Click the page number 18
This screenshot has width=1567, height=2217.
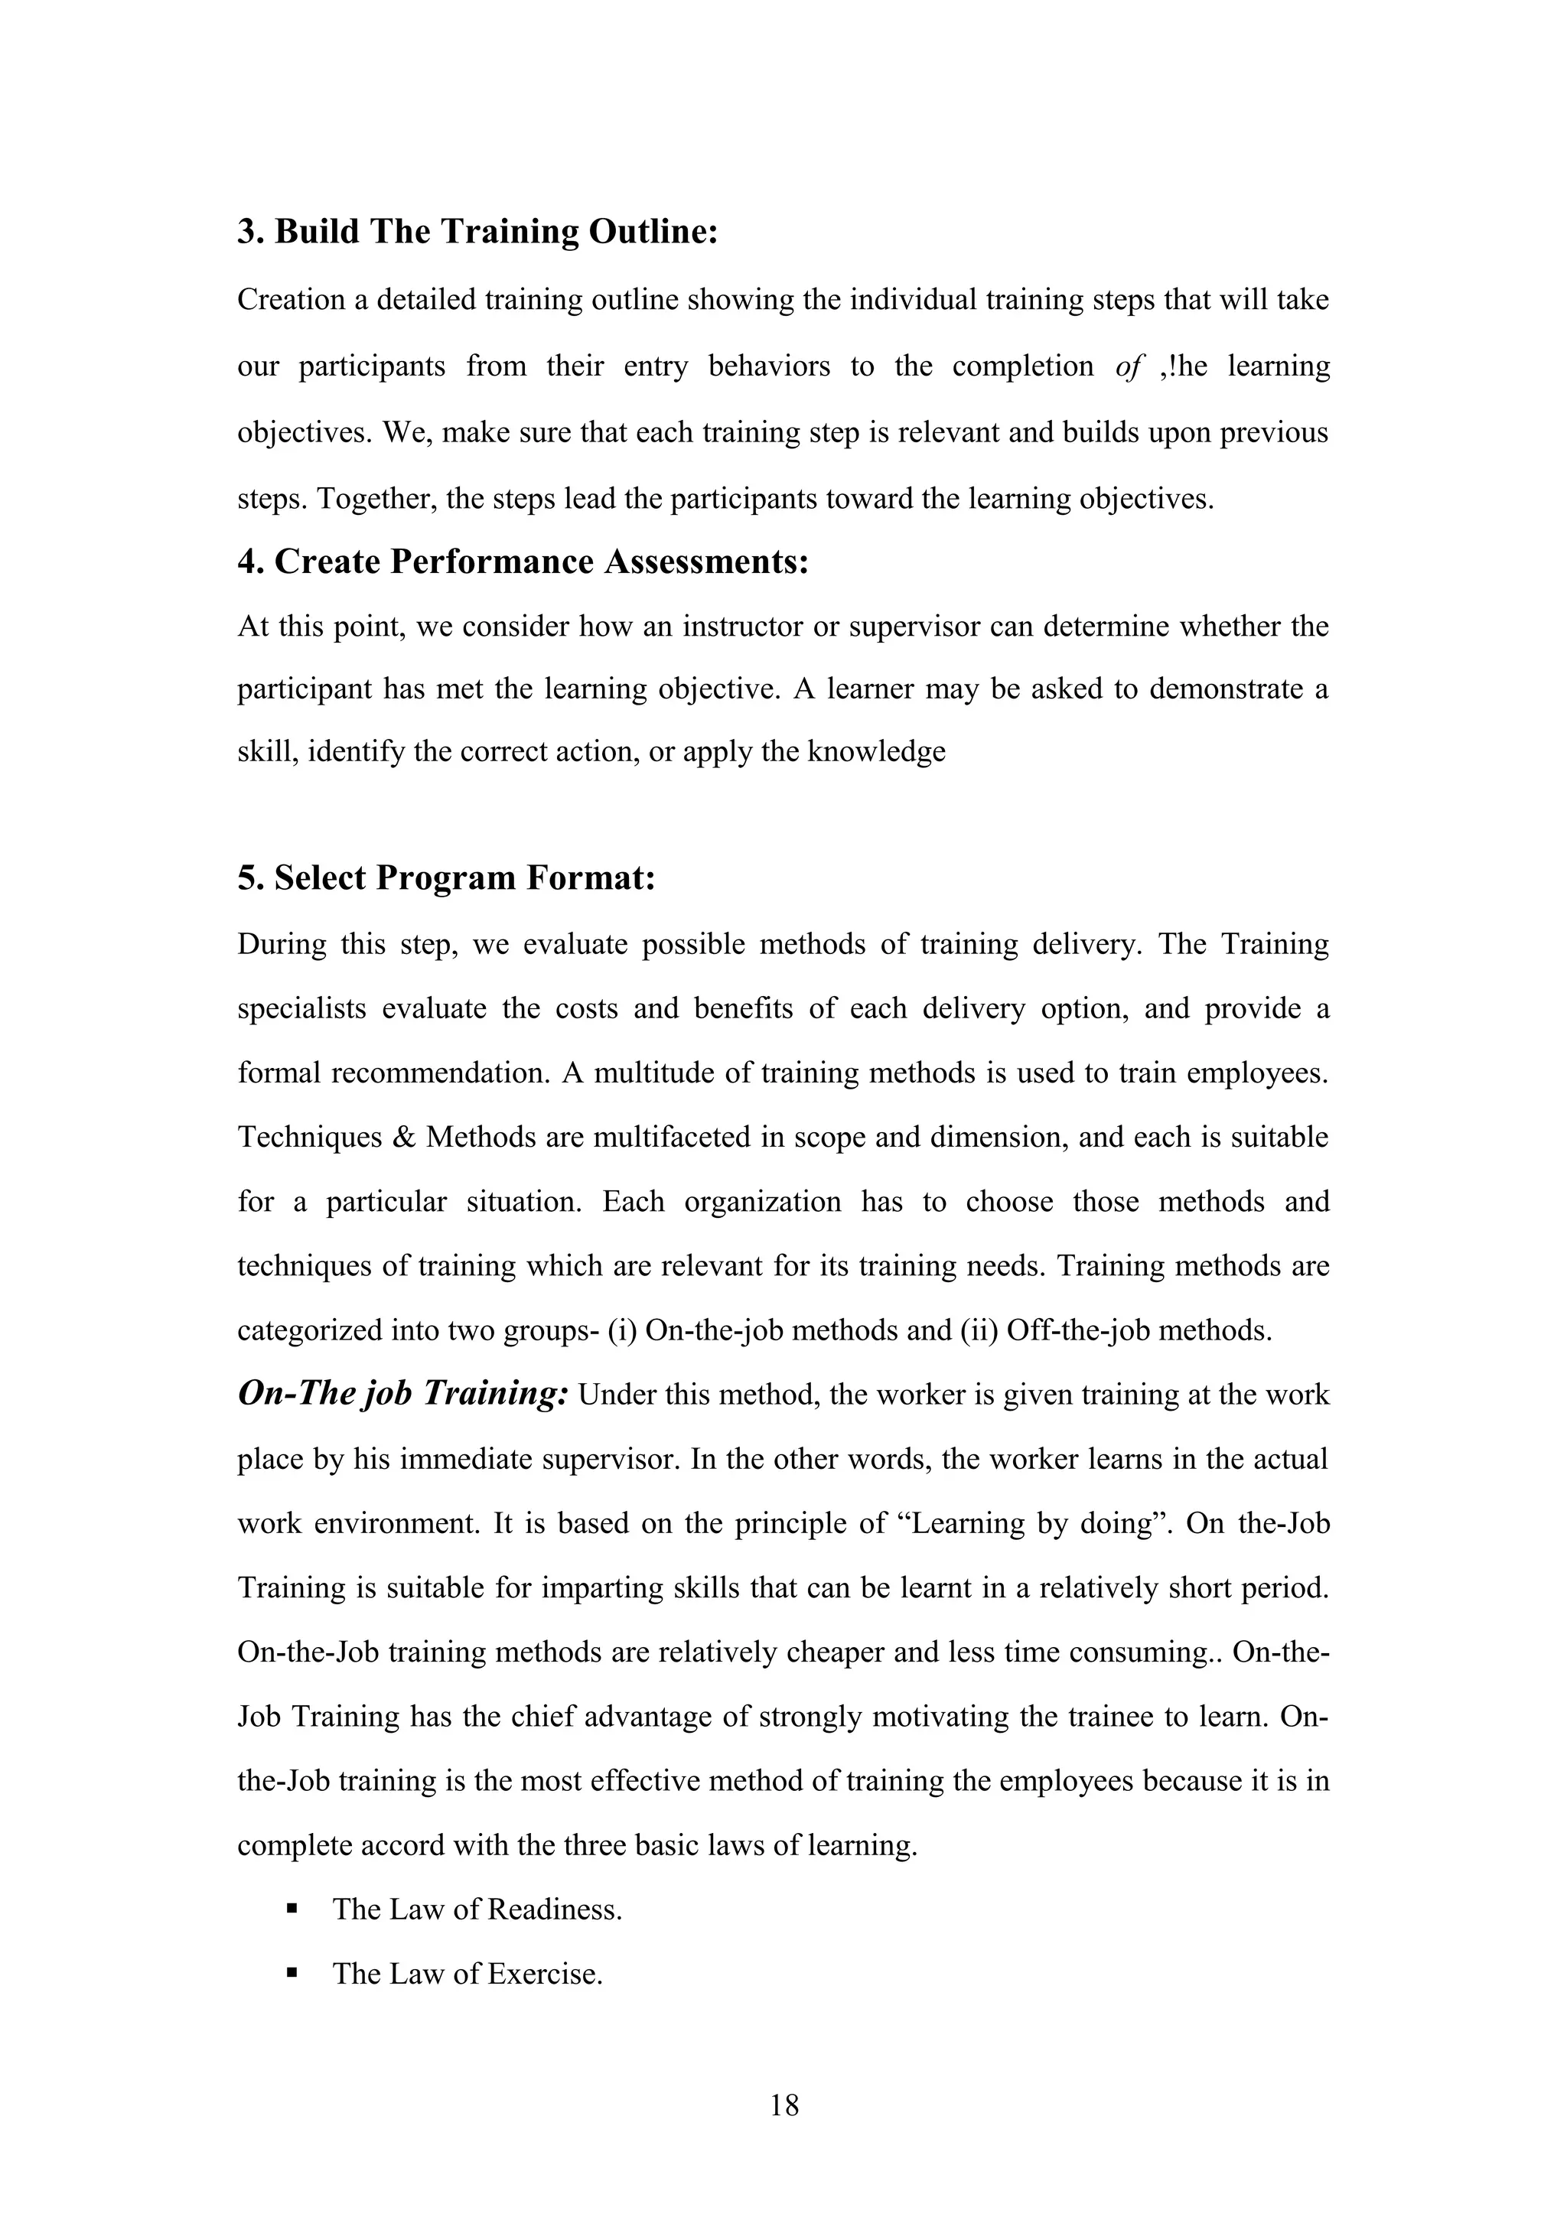[784, 2104]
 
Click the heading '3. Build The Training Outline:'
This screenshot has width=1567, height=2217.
[478, 232]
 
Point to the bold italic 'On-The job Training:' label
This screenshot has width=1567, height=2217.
[402, 1393]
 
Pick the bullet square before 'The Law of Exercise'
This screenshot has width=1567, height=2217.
[291, 1974]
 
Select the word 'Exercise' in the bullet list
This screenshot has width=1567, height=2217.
[545, 1974]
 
